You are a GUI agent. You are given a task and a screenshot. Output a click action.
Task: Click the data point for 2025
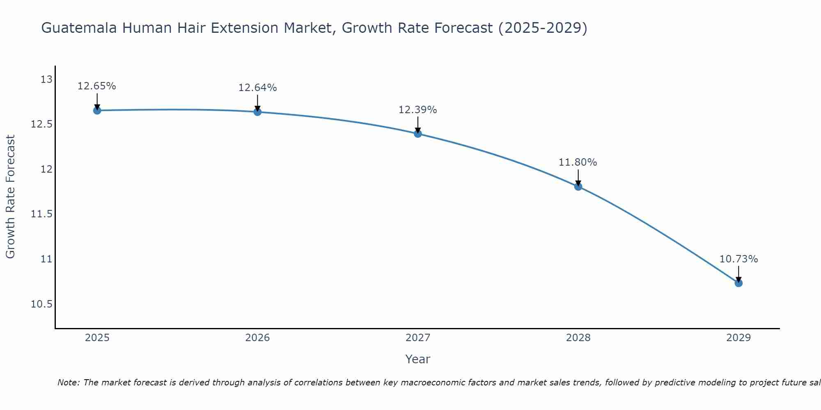coord(97,110)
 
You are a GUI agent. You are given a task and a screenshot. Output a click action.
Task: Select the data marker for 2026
coord(257,112)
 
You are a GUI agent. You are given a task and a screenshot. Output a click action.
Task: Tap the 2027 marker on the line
coord(418,134)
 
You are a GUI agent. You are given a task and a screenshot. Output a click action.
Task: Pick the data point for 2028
coord(578,187)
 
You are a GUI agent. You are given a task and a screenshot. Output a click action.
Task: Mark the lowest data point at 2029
coord(738,283)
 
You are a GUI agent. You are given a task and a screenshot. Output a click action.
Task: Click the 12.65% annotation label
coord(97,86)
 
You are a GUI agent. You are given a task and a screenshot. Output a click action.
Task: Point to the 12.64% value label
coord(257,88)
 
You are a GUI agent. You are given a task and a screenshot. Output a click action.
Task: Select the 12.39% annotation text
coord(417,110)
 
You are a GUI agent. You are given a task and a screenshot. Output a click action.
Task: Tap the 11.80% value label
coord(578,162)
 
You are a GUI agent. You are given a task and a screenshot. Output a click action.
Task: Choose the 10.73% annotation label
coord(738,259)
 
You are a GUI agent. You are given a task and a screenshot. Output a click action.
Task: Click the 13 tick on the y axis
coord(46,79)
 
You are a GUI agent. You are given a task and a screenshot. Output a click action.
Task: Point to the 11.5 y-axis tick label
coord(41,214)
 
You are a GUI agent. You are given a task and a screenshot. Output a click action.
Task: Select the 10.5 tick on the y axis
coord(41,304)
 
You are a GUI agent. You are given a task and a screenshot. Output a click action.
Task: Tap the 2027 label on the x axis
coord(418,338)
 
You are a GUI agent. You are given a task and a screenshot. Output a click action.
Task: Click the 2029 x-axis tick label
coord(738,338)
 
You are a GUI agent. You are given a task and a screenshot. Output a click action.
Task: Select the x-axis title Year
coord(417,359)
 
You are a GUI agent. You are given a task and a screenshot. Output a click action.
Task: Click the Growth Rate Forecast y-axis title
coord(10,197)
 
